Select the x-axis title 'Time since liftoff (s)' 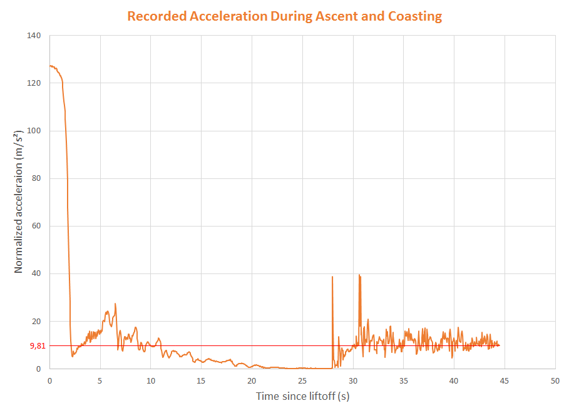(302, 396)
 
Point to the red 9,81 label (37, 346)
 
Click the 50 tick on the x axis (555, 380)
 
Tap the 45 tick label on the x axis (504, 380)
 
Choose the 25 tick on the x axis (302, 380)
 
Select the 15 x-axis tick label (201, 380)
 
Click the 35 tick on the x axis (403, 380)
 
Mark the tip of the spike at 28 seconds (332, 277)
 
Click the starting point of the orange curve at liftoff (50, 66)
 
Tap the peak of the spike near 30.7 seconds (359, 275)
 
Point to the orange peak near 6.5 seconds (115, 304)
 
